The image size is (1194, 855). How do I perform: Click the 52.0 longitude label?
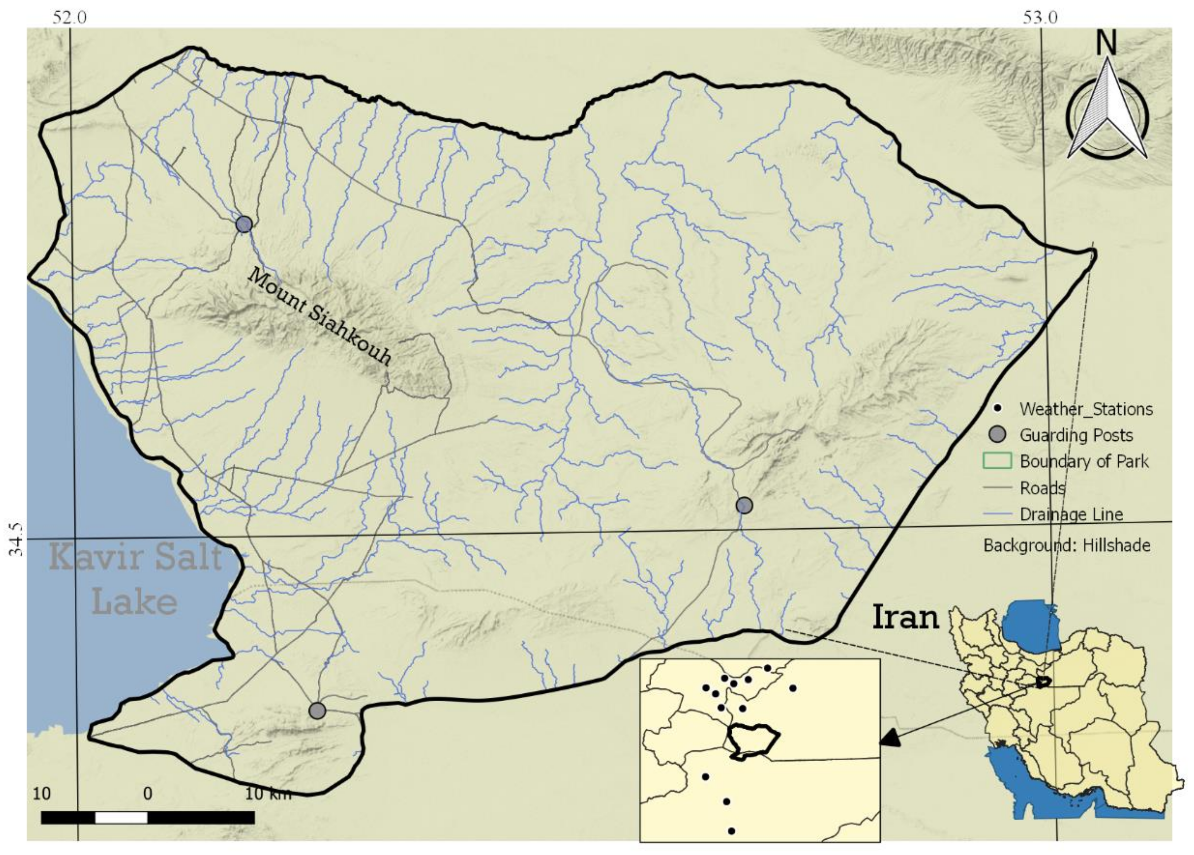(69, 17)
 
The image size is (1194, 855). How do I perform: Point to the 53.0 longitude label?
(1040, 17)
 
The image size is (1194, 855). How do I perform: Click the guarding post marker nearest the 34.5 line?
(744, 506)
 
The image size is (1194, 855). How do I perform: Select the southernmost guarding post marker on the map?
(317, 711)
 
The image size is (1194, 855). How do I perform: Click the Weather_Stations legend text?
(1086, 409)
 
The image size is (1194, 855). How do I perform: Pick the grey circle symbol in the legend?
(997, 435)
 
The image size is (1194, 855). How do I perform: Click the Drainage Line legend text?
(1071, 514)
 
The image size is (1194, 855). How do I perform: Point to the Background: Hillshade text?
(1066, 545)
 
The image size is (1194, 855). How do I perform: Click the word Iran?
(905, 617)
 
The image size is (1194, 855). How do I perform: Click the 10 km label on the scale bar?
(268, 794)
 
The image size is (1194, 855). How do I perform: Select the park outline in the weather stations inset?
(753, 741)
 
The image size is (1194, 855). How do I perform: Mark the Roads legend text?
(1042, 488)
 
